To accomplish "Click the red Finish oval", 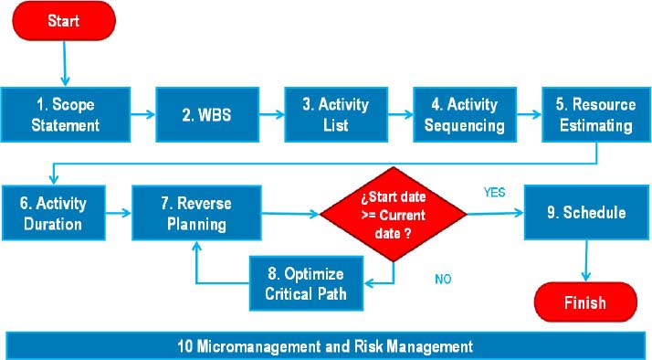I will point(584,302).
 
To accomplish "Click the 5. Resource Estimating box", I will point(596,114).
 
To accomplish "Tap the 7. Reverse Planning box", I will point(197,213).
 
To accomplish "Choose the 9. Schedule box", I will point(586,213).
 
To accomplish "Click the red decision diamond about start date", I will point(394,215).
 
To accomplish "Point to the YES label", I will point(495,193).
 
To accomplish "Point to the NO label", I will point(443,279).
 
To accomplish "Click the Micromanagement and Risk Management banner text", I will point(326,346).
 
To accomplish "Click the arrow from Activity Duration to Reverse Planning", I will point(116,214).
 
